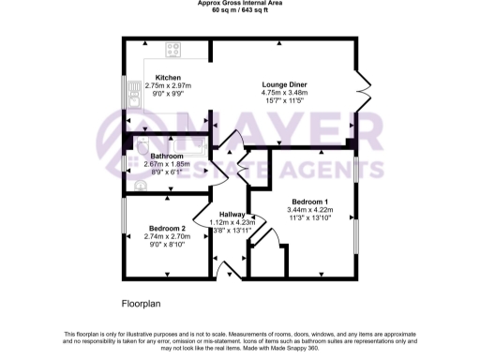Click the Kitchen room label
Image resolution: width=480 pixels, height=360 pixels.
pyautogui.click(x=168, y=78)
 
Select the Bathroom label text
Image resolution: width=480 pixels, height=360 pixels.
pyautogui.click(x=154, y=156)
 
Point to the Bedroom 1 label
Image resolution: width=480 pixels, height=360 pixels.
pyautogui.click(x=308, y=202)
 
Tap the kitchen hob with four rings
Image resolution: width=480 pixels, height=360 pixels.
pyautogui.click(x=174, y=51)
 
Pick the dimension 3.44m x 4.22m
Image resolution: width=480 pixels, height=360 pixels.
pyautogui.click(x=308, y=210)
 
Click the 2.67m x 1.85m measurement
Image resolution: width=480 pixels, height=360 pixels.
pyautogui.click(x=154, y=164)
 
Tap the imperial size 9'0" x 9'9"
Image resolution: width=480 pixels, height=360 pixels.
pyautogui.click(x=168, y=94)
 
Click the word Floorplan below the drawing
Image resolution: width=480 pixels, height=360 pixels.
pyautogui.click(x=143, y=305)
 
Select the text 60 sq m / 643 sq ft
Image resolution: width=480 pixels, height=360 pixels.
pyautogui.click(x=241, y=11)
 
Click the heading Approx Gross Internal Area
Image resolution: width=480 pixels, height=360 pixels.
pyautogui.click(x=241, y=4)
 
